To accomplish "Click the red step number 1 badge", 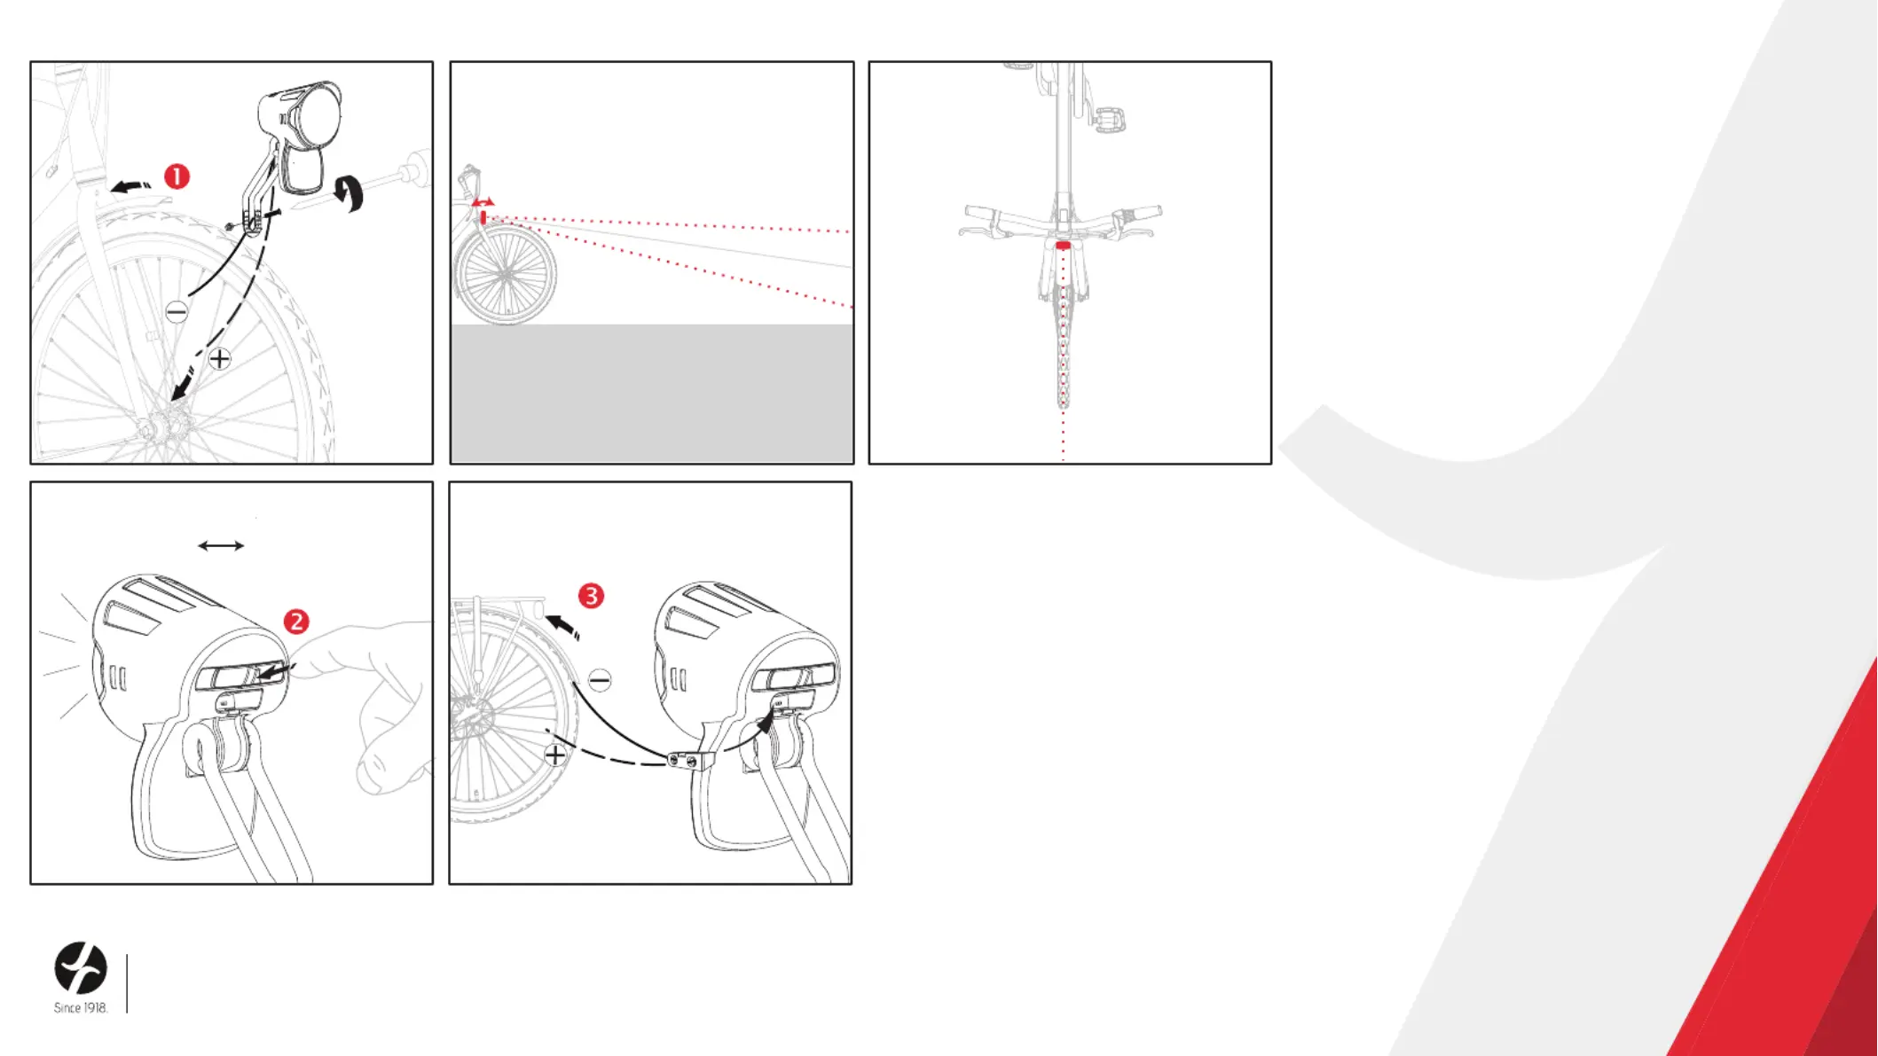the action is click(x=177, y=176).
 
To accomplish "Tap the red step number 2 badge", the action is click(x=296, y=622).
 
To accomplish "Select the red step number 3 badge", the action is click(x=591, y=596).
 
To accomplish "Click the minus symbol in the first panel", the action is click(x=177, y=311).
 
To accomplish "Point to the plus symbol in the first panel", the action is click(x=219, y=358).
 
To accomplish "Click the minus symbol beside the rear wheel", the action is click(x=600, y=680).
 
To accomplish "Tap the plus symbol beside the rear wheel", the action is click(x=554, y=755).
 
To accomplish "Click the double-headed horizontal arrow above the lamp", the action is click(x=221, y=545).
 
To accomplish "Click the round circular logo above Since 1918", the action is click(x=81, y=967).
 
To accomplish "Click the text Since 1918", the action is click(x=81, y=1008).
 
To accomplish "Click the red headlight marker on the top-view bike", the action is click(x=1063, y=245).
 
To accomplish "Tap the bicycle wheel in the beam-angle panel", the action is click(x=505, y=275).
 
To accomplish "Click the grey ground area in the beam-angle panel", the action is click(x=652, y=393).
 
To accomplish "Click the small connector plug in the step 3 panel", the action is click(x=691, y=761).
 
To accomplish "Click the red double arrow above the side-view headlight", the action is click(x=483, y=203).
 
